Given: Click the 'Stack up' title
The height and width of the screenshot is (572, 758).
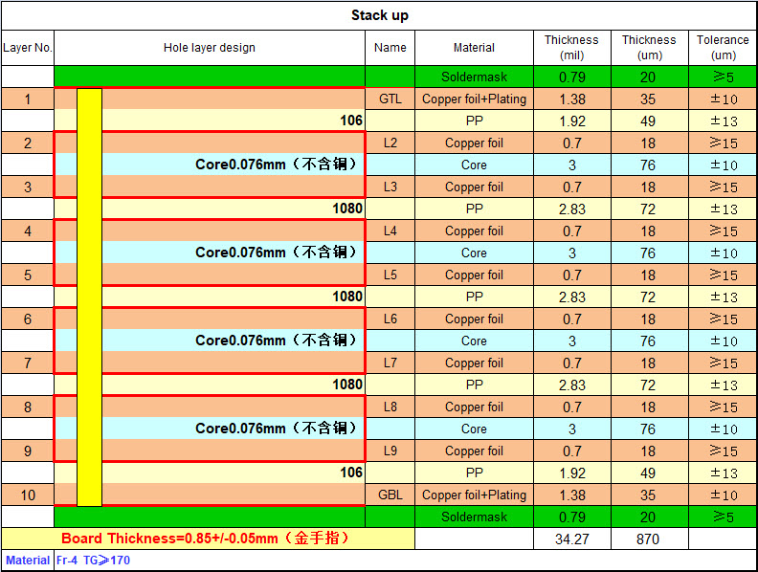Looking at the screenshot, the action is coord(380,15).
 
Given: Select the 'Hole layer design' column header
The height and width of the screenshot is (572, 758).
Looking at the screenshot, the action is coord(210,47).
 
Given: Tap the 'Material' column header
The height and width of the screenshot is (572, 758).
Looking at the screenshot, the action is coord(474,47).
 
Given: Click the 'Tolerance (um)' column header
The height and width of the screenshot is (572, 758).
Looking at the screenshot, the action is coord(723,47).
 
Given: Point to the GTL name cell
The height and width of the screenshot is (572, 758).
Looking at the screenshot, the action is coord(390,99).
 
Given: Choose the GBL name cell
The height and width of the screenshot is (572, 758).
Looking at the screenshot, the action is coord(390,495).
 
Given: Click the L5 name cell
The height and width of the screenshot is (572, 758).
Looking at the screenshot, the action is coord(390,275).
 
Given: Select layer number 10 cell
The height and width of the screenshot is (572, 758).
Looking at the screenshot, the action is coord(28,495).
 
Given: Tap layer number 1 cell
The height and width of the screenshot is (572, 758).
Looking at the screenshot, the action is coord(28,99).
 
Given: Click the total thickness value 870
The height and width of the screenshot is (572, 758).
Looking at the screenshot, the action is coord(648,539).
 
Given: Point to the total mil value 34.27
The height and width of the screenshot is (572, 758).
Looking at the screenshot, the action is coord(572,539).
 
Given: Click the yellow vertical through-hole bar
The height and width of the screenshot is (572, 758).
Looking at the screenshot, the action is coord(89,297).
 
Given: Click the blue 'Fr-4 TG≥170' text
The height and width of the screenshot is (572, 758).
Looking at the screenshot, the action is coord(93,561).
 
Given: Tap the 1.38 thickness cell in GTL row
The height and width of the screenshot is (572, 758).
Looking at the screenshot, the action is coord(572,99).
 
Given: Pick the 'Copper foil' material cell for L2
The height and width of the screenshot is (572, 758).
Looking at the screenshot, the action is coord(474,143).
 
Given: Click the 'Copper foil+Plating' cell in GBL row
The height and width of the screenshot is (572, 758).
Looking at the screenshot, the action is coord(474,495).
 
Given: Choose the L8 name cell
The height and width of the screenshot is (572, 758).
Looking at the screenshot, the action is coord(390,407).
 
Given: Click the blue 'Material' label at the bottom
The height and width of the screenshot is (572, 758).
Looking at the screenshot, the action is coord(28,561).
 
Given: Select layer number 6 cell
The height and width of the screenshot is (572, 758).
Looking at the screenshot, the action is coord(28,319).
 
